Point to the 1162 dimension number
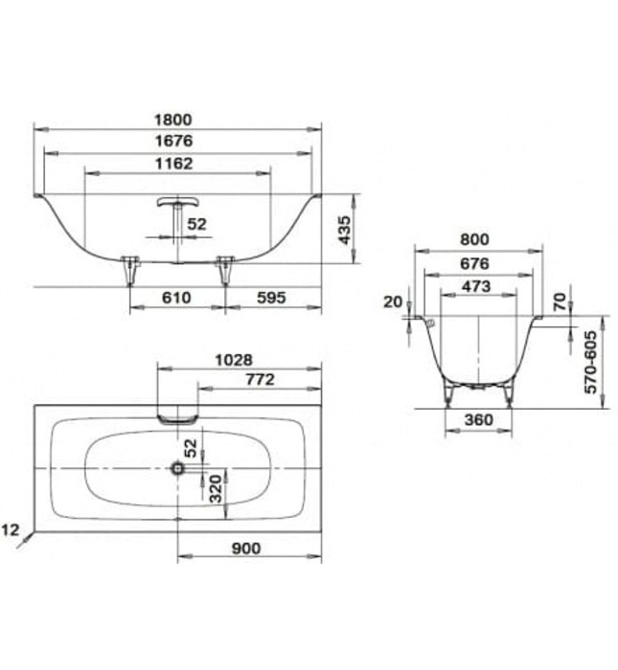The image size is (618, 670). pyautogui.click(x=176, y=164)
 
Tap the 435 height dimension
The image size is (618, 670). pyautogui.click(x=345, y=228)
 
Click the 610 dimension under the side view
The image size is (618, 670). pyautogui.click(x=176, y=298)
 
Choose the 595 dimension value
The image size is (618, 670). pyautogui.click(x=272, y=298)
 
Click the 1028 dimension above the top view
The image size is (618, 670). pyautogui.click(x=234, y=360)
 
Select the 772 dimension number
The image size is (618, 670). pyautogui.click(x=259, y=380)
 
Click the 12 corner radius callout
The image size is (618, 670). pyautogui.click(x=11, y=529)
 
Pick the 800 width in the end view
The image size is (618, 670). pyautogui.click(x=474, y=240)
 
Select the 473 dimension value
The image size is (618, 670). pyautogui.click(x=475, y=286)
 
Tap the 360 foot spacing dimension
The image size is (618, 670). pyautogui.click(x=476, y=419)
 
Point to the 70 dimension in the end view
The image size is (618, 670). pyautogui.click(x=560, y=302)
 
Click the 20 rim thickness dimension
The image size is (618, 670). pyautogui.click(x=392, y=301)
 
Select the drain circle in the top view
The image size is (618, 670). pyautogui.click(x=177, y=468)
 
